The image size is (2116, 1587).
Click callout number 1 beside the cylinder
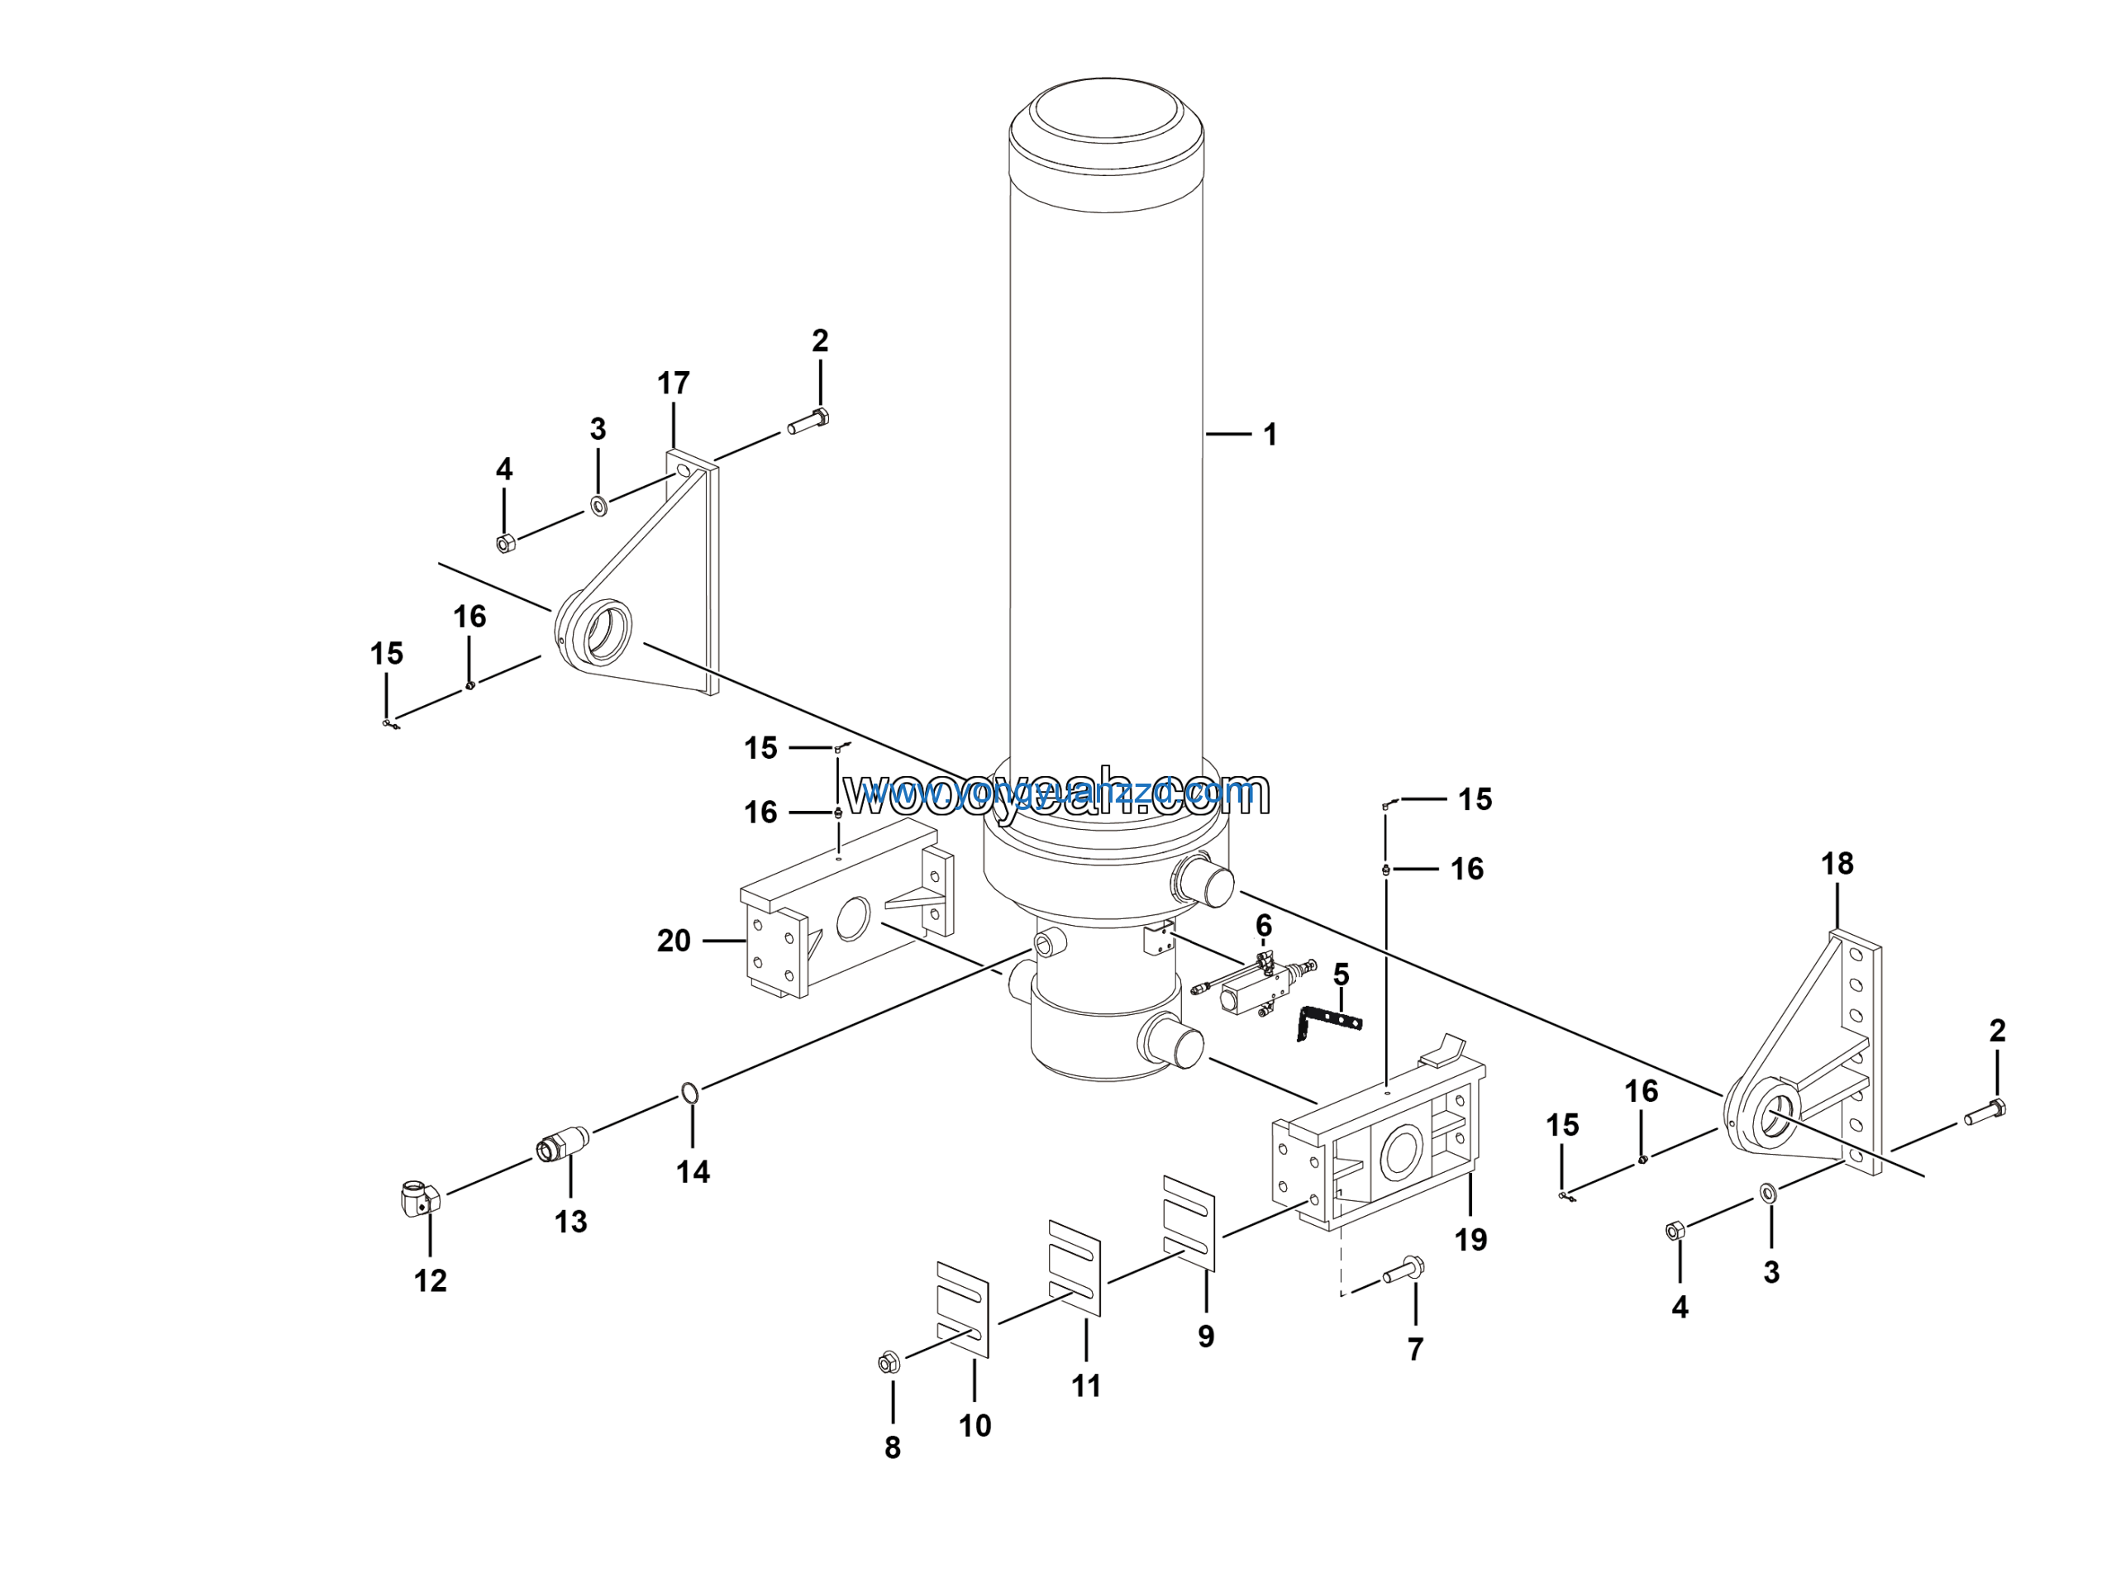pos(1270,436)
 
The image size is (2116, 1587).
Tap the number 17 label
pos(674,384)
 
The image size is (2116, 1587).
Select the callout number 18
pos(1837,864)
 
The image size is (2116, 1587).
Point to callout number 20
pos(674,941)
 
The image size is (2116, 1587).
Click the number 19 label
pos(1470,1241)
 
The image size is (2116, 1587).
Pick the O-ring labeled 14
pos(689,1093)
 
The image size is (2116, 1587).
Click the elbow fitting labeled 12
pos(419,1199)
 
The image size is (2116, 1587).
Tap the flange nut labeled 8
pos(889,1363)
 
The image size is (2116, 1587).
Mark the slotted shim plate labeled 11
pos(1075,1266)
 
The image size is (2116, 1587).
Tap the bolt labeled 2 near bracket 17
pos(809,421)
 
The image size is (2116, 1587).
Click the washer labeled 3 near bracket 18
pos(1768,1192)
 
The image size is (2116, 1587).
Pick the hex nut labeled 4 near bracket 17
pos(506,543)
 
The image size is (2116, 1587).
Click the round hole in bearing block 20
pos(852,919)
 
